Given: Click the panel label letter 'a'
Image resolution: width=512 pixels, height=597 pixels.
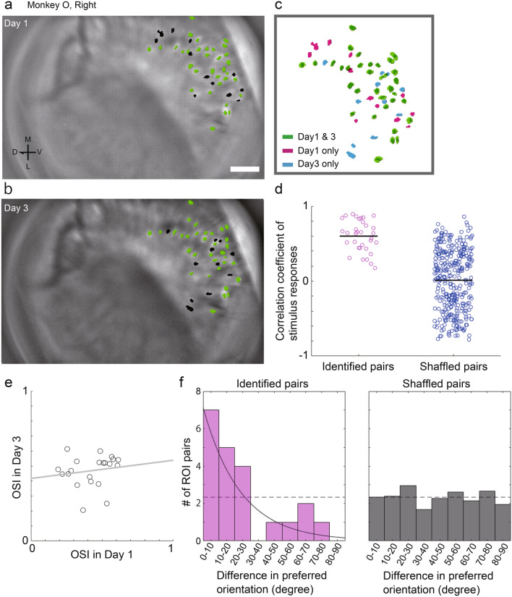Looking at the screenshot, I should tap(6, 7).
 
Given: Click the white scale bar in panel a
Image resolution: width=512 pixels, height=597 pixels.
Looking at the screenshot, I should tap(244, 169).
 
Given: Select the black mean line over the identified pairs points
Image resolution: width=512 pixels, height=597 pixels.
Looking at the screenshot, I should tap(359, 236).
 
